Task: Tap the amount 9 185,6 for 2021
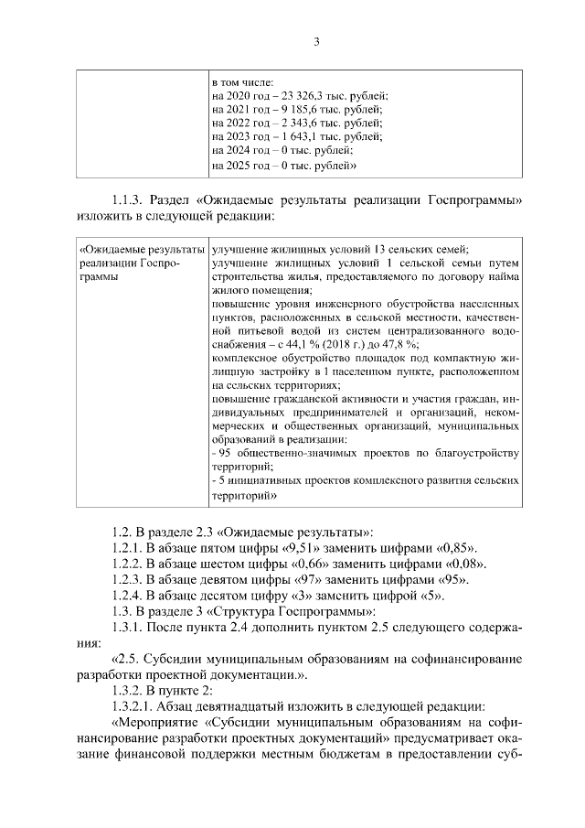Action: coord(303,109)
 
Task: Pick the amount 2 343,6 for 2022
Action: coord(303,123)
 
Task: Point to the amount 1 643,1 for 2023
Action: coord(303,136)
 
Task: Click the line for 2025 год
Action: coord(282,166)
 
